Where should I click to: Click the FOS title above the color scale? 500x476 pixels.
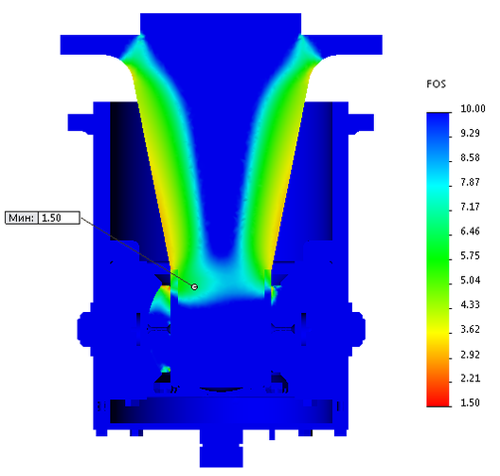click(436, 84)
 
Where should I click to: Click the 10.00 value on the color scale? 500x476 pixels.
click(473, 108)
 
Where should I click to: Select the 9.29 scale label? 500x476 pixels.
click(470, 133)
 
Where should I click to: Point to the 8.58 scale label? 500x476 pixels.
click(470, 157)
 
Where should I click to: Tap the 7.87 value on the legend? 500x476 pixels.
click(470, 182)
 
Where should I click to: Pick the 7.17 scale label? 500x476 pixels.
click(470, 207)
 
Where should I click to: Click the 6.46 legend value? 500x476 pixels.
click(470, 231)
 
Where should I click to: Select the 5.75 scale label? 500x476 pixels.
click(470, 256)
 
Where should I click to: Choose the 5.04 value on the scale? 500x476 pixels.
click(470, 281)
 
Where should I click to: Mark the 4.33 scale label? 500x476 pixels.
click(470, 305)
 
